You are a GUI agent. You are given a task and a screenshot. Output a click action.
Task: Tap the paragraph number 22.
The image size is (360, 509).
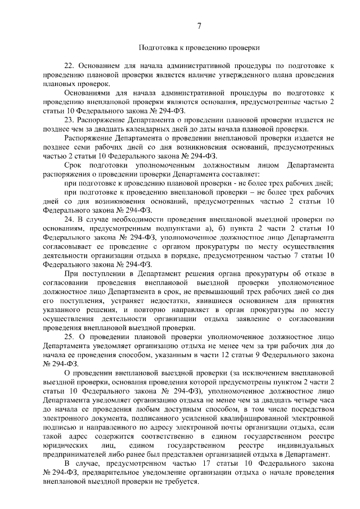pos(70,65)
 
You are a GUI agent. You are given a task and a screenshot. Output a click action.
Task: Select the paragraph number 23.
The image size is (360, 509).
pos(70,120)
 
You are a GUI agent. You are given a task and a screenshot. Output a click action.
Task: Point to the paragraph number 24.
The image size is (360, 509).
pos(70,218)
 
